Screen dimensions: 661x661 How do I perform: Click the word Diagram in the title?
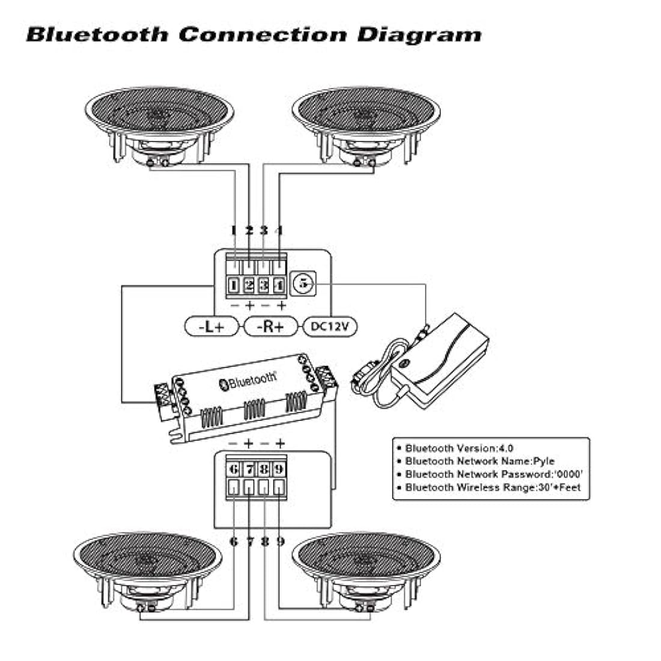(x=419, y=34)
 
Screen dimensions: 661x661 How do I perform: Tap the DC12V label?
(x=331, y=326)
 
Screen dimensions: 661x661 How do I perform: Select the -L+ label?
(x=212, y=326)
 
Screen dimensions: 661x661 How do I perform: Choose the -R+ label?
(x=271, y=326)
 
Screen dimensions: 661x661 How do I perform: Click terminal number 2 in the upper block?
(x=249, y=285)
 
